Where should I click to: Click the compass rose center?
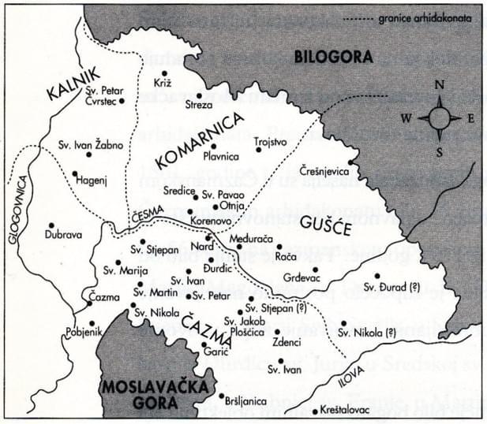click(x=440, y=118)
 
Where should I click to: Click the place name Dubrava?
click(x=54, y=235)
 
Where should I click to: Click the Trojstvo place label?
click(x=272, y=139)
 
